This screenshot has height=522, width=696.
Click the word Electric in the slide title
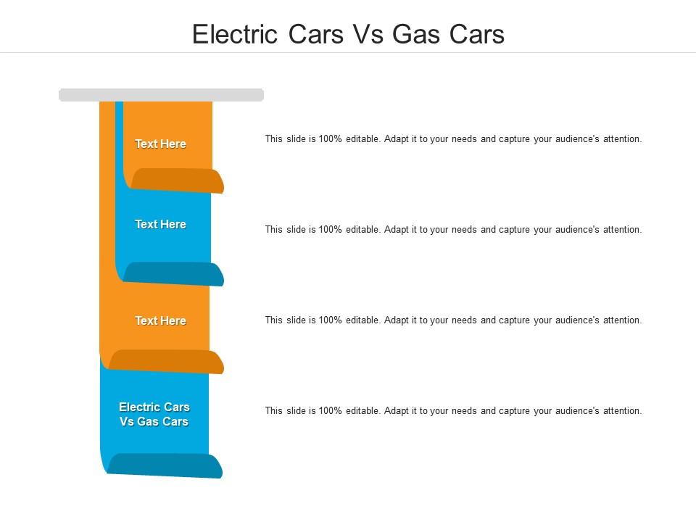coord(233,34)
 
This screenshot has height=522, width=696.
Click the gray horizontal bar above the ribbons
coord(161,95)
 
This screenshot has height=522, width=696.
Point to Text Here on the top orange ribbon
coord(160,144)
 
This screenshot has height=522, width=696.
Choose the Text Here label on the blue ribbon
coord(160,224)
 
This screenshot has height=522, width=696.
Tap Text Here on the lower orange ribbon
coord(160,320)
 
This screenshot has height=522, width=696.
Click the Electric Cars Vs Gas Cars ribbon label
coord(154,414)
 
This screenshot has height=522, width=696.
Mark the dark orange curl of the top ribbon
coord(178,180)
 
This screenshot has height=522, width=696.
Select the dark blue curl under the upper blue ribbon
coord(174,273)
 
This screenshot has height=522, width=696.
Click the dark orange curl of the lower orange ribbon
coord(167,361)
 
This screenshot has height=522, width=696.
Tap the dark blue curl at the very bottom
coord(165,465)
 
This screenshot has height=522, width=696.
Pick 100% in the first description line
coord(330,138)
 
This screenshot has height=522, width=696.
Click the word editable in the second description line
coord(362,230)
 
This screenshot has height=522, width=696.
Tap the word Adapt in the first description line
coord(396,138)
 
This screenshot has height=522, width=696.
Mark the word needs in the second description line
coord(464,230)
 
